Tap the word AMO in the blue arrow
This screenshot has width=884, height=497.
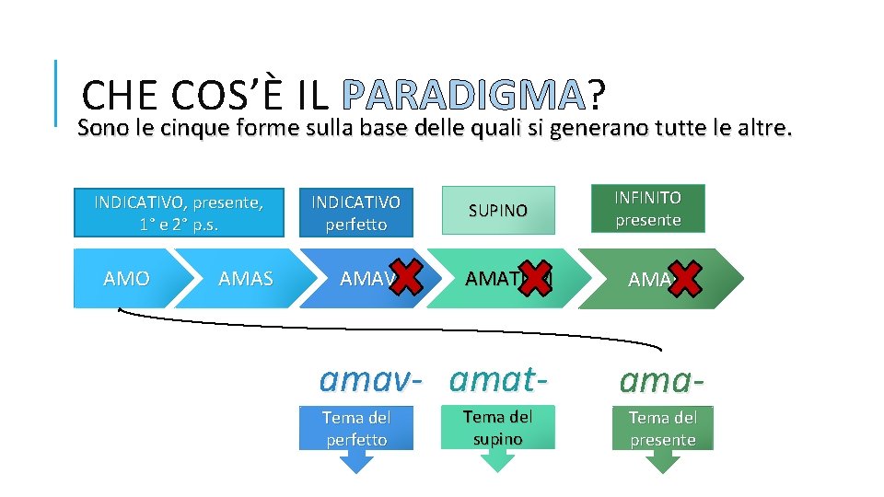pos(127,278)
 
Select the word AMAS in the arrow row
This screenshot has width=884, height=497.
pos(246,278)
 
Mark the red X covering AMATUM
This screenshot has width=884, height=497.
pos(533,277)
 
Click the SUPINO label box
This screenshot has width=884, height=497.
pos(498,210)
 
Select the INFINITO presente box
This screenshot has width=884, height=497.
pos(648,208)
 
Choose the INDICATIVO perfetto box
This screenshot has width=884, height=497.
pos(356,213)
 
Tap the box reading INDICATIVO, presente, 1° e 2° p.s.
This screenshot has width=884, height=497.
pos(179,213)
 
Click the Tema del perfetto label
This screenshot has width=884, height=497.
pos(356,428)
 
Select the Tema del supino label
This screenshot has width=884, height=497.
pos(498,428)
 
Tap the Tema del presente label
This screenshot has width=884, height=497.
pos(663,428)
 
